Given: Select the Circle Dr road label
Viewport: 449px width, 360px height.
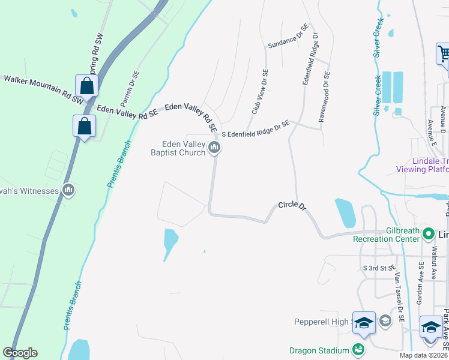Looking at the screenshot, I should coord(292,206).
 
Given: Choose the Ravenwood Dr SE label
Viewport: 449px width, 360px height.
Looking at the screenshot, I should coord(324,97).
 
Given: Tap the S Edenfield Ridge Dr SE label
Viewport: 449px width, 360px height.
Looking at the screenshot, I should coord(255,128).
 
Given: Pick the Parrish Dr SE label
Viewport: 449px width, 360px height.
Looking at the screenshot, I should coord(131,91).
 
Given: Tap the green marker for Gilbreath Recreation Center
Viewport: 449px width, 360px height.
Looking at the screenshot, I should coord(429,233).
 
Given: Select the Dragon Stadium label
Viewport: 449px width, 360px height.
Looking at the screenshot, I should coord(319,350).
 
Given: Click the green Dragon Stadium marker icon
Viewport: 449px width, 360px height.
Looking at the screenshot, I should coord(358,349).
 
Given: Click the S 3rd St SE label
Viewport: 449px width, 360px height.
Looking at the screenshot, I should coord(378,267).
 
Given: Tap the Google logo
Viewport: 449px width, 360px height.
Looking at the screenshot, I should coord(20,353).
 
